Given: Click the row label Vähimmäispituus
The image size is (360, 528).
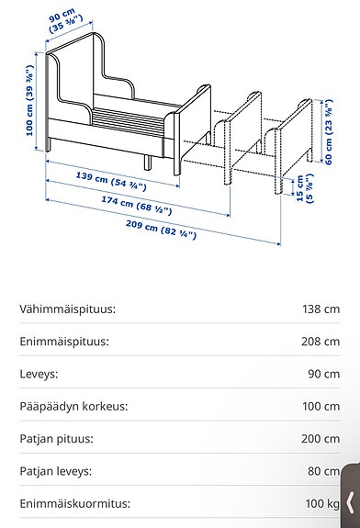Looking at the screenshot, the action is [67, 309].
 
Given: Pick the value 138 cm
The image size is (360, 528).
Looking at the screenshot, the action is [320, 309].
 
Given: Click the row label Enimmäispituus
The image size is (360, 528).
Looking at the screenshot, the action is [64, 342].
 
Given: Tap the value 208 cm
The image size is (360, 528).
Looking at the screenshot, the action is [320, 342].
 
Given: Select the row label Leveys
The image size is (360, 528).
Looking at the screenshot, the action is [39, 374].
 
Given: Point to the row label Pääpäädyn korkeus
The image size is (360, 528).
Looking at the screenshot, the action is [73, 406].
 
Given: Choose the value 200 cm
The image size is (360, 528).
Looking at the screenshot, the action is [320, 438].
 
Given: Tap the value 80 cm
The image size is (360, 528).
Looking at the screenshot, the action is [322, 471].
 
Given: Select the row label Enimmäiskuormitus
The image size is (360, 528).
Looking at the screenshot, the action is [74, 503].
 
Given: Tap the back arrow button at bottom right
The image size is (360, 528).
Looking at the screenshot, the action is [350, 501].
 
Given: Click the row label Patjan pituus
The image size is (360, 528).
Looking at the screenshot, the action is [58, 438].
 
